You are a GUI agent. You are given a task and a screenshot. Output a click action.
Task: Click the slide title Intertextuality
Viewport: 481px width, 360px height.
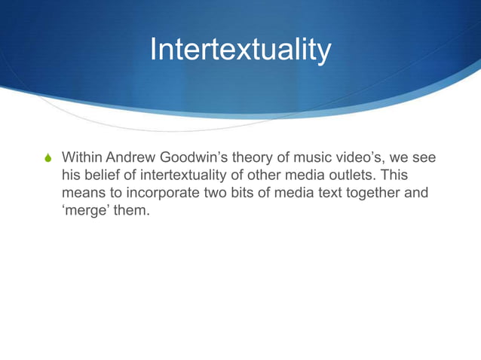240,50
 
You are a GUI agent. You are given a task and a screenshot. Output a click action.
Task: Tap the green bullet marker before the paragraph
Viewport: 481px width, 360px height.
48,159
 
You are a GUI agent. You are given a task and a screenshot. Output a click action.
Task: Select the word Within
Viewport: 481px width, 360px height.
82,158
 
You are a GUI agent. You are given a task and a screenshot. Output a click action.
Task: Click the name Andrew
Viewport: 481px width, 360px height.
130,158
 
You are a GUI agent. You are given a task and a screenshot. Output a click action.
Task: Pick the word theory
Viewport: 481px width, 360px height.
251,158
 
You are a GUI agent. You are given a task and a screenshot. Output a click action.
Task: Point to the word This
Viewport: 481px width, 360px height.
394,176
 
